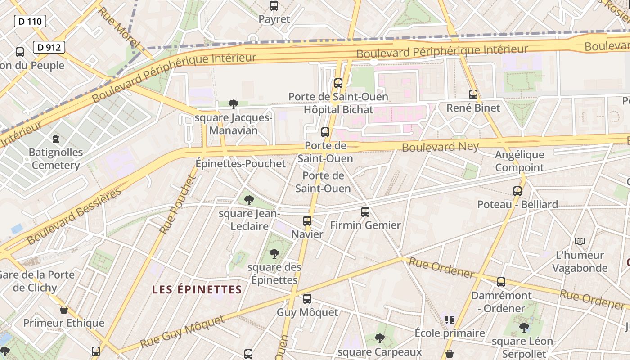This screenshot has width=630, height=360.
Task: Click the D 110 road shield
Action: point(30,21)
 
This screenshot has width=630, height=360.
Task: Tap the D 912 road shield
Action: point(49,47)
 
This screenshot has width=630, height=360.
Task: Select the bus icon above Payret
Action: point(274,6)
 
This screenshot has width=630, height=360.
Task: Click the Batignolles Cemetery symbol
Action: point(56,139)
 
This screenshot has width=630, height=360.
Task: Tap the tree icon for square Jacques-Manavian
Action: point(233,104)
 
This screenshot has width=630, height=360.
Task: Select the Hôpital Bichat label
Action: point(338,109)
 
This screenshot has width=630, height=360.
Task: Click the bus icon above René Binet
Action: point(473,94)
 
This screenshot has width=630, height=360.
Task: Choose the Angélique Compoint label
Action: point(520,161)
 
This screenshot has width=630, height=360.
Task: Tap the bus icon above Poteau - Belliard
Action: point(517,191)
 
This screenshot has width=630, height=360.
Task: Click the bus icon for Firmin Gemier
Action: point(365,211)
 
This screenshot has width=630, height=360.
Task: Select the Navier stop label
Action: point(307,234)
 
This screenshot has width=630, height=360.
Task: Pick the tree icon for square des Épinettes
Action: point(274,254)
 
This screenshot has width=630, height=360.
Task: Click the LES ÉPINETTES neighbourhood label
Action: point(197,289)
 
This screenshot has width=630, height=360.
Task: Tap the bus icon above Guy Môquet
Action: point(307,298)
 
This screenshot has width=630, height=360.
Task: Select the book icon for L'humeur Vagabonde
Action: point(580,242)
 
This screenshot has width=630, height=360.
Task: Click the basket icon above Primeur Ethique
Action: point(64,310)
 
